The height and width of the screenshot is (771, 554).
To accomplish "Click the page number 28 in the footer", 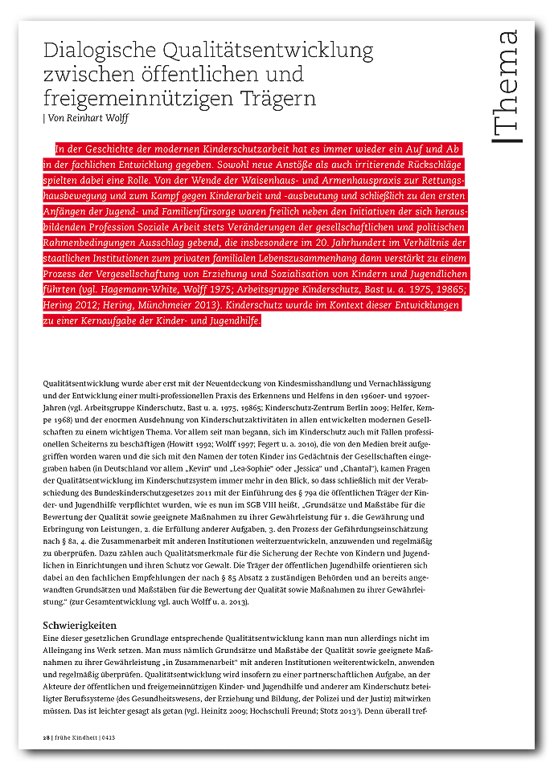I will (46, 737).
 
